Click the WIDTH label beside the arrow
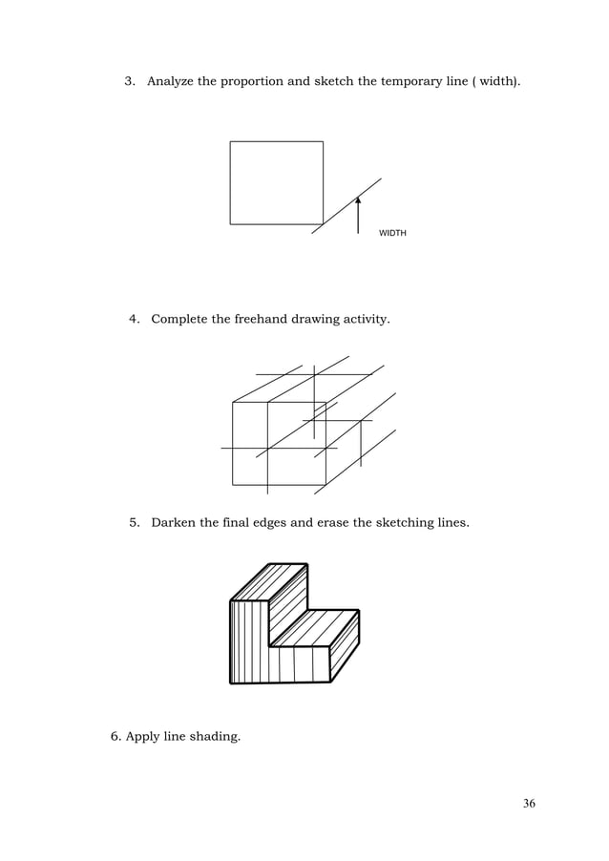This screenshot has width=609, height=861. point(392,233)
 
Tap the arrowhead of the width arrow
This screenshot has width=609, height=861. point(358,201)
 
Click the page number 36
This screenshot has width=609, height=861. point(529,804)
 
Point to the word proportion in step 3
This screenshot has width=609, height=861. point(251,82)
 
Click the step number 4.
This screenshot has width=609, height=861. point(134,318)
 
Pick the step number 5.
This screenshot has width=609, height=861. point(134,523)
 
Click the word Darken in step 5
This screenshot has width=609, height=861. point(174,523)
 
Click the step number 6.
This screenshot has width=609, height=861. point(115,736)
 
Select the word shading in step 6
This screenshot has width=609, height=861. point(216,736)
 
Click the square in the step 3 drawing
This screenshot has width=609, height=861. point(276,182)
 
